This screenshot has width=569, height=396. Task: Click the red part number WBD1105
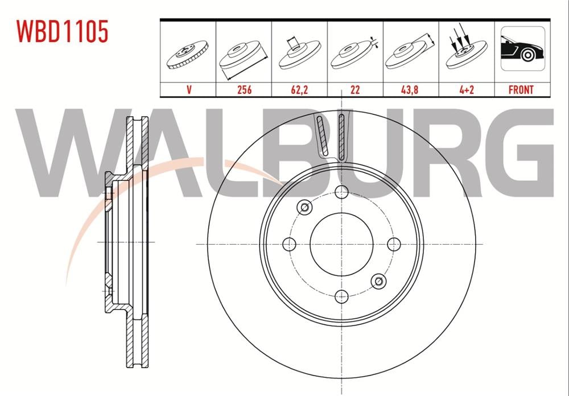(x=62, y=31)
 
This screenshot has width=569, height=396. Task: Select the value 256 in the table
(x=244, y=90)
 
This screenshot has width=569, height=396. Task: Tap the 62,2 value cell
(x=299, y=90)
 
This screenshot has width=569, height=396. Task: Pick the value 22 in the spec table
(x=355, y=90)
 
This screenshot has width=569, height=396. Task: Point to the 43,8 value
(x=410, y=90)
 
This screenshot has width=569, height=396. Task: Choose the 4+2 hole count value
(x=467, y=90)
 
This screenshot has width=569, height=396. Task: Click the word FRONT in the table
(x=521, y=90)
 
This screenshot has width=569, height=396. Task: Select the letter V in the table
(x=189, y=90)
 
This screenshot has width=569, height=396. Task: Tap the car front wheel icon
(x=522, y=48)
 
